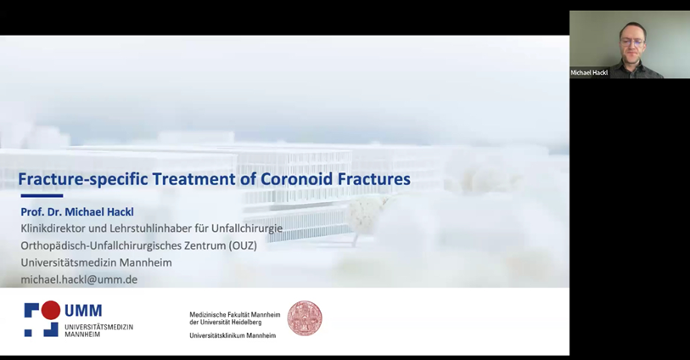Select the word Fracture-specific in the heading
(x=83, y=180)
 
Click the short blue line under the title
(x=42, y=196)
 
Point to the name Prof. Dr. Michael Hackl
(x=77, y=211)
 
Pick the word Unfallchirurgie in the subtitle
(x=247, y=228)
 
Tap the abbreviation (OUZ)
(x=243, y=245)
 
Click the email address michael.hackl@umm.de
(x=79, y=279)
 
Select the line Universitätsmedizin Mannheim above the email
(x=97, y=262)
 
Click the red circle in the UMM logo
(x=51, y=310)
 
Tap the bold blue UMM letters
(x=83, y=310)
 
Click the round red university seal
(x=305, y=318)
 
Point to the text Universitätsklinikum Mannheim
(x=233, y=335)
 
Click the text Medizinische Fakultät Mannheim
(x=235, y=315)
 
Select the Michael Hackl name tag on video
(x=589, y=73)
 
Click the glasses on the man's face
(x=632, y=42)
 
